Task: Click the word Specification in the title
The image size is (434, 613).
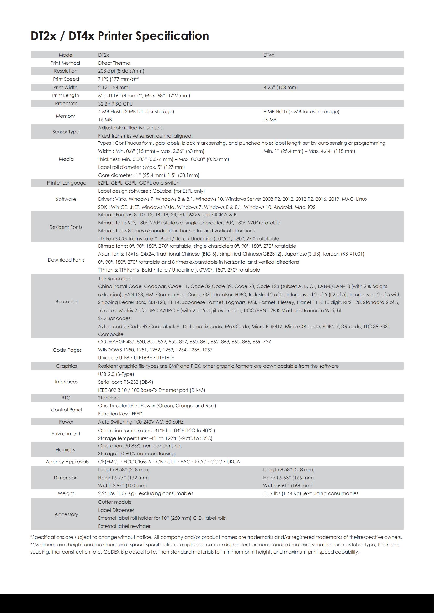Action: (x=172, y=36)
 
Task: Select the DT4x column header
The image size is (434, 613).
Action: (x=269, y=55)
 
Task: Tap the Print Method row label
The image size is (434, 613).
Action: (x=65, y=63)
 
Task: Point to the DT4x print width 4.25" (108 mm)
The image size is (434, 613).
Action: (x=280, y=87)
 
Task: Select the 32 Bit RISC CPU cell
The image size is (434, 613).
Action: (x=115, y=104)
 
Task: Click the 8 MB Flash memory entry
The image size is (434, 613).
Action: (x=301, y=112)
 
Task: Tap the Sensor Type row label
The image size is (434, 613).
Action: (x=66, y=132)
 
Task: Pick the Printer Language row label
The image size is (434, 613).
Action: (x=67, y=183)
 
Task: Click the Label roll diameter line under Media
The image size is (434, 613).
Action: (x=141, y=167)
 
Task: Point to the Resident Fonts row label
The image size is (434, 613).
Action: (x=66, y=227)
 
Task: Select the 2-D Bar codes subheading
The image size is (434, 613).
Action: (x=115, y=318)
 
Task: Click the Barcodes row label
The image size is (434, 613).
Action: (x=67, y=302)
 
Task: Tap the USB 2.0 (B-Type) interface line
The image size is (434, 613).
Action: (x=116, y=374)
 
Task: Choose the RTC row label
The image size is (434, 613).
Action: (x=66, y=398)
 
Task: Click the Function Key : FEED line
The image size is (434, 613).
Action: (x=120, y=414)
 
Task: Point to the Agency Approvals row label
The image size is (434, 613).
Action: (x=67, y=462)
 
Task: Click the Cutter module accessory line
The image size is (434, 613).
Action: (x=115, y=502)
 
